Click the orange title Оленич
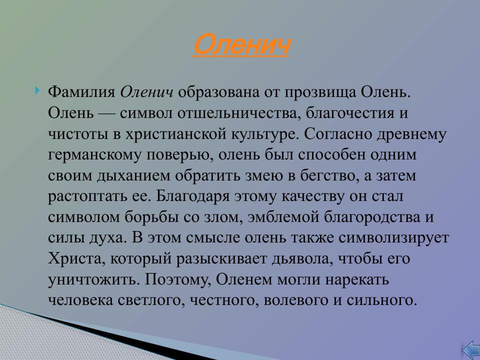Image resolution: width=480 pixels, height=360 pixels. coord(241,45)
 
